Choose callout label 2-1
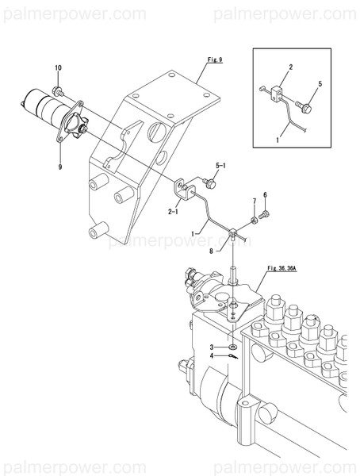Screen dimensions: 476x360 [x=172, y=212]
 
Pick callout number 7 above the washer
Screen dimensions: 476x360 [x=254, y=202]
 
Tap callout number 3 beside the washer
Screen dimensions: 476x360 [x=212, y=347]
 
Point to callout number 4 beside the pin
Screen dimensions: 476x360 [x=212, y=356]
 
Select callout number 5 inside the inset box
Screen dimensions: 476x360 [x=320, y=83]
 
